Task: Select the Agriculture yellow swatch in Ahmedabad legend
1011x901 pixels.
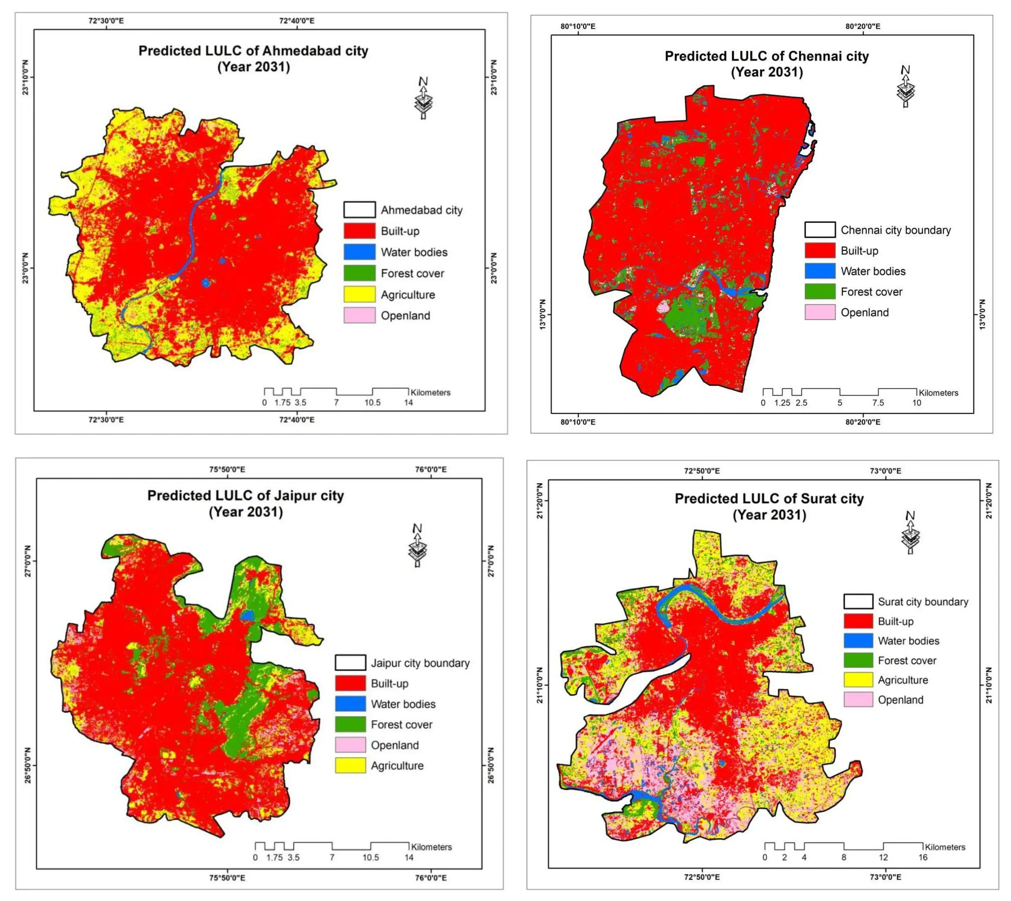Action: pos(359,295)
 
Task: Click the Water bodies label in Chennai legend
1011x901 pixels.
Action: pos(873,271)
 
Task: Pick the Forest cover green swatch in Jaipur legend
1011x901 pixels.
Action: pos(350,724)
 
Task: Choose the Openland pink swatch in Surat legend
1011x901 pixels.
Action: pos(858,699)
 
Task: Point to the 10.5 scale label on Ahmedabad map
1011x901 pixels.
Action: pos(372,402)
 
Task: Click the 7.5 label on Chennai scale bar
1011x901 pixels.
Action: pos(878,403)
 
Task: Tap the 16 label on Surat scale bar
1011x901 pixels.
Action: pos(923,857)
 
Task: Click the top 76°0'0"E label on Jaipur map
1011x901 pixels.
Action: pos(431,469)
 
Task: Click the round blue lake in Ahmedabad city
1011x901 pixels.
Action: pos(205,283)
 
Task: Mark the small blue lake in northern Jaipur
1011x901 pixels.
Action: pos(247,615)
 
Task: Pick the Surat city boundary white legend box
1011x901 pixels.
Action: pos(858,601)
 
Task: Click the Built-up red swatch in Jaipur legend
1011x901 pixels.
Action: pos(350,683)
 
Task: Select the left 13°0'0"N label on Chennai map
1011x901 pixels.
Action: pos(542,314)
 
